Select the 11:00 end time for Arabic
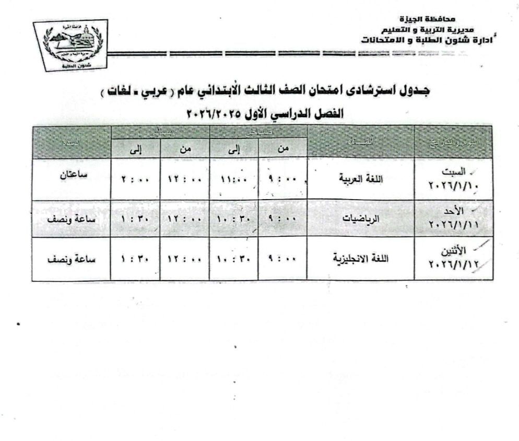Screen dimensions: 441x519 pos(233,179)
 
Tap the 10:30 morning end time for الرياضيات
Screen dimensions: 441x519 pos(233,220)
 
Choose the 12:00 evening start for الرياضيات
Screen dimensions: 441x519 pos(184,220)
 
